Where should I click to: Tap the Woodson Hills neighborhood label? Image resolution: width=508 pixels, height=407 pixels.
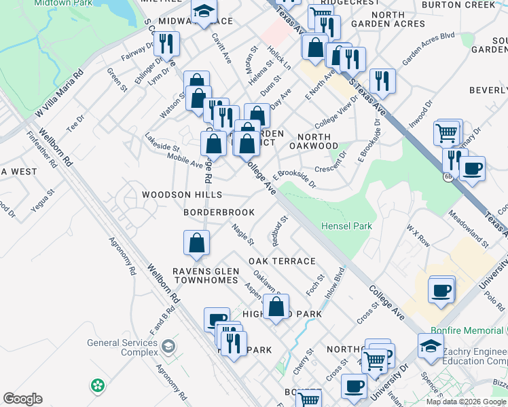181,195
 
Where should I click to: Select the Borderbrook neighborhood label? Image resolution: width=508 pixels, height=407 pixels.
219,212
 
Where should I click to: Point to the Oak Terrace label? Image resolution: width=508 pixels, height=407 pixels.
282,261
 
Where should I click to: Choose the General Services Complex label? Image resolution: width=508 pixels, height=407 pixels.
122,348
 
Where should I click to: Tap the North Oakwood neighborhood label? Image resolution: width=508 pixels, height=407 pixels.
313,140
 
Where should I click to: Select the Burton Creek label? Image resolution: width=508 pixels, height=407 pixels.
468,5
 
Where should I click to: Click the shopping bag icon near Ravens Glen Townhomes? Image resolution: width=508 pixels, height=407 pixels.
196,243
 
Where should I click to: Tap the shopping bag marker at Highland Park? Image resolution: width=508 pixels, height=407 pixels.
276,307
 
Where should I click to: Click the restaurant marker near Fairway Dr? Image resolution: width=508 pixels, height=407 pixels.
166,44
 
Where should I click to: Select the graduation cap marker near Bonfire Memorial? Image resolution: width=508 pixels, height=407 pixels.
431,346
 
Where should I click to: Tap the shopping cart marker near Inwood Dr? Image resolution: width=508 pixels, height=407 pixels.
446,134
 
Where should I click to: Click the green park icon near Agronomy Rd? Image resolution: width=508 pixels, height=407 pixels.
98,385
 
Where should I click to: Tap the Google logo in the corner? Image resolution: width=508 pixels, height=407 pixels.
22,399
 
